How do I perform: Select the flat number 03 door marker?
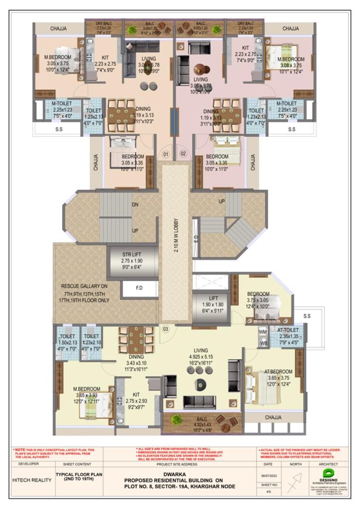(165, 329)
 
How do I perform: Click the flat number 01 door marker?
(165, 154)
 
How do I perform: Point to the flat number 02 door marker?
(183, 154)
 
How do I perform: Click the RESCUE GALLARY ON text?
(82, 285)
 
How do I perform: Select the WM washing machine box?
(263, 332)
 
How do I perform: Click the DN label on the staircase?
(136, 205)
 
